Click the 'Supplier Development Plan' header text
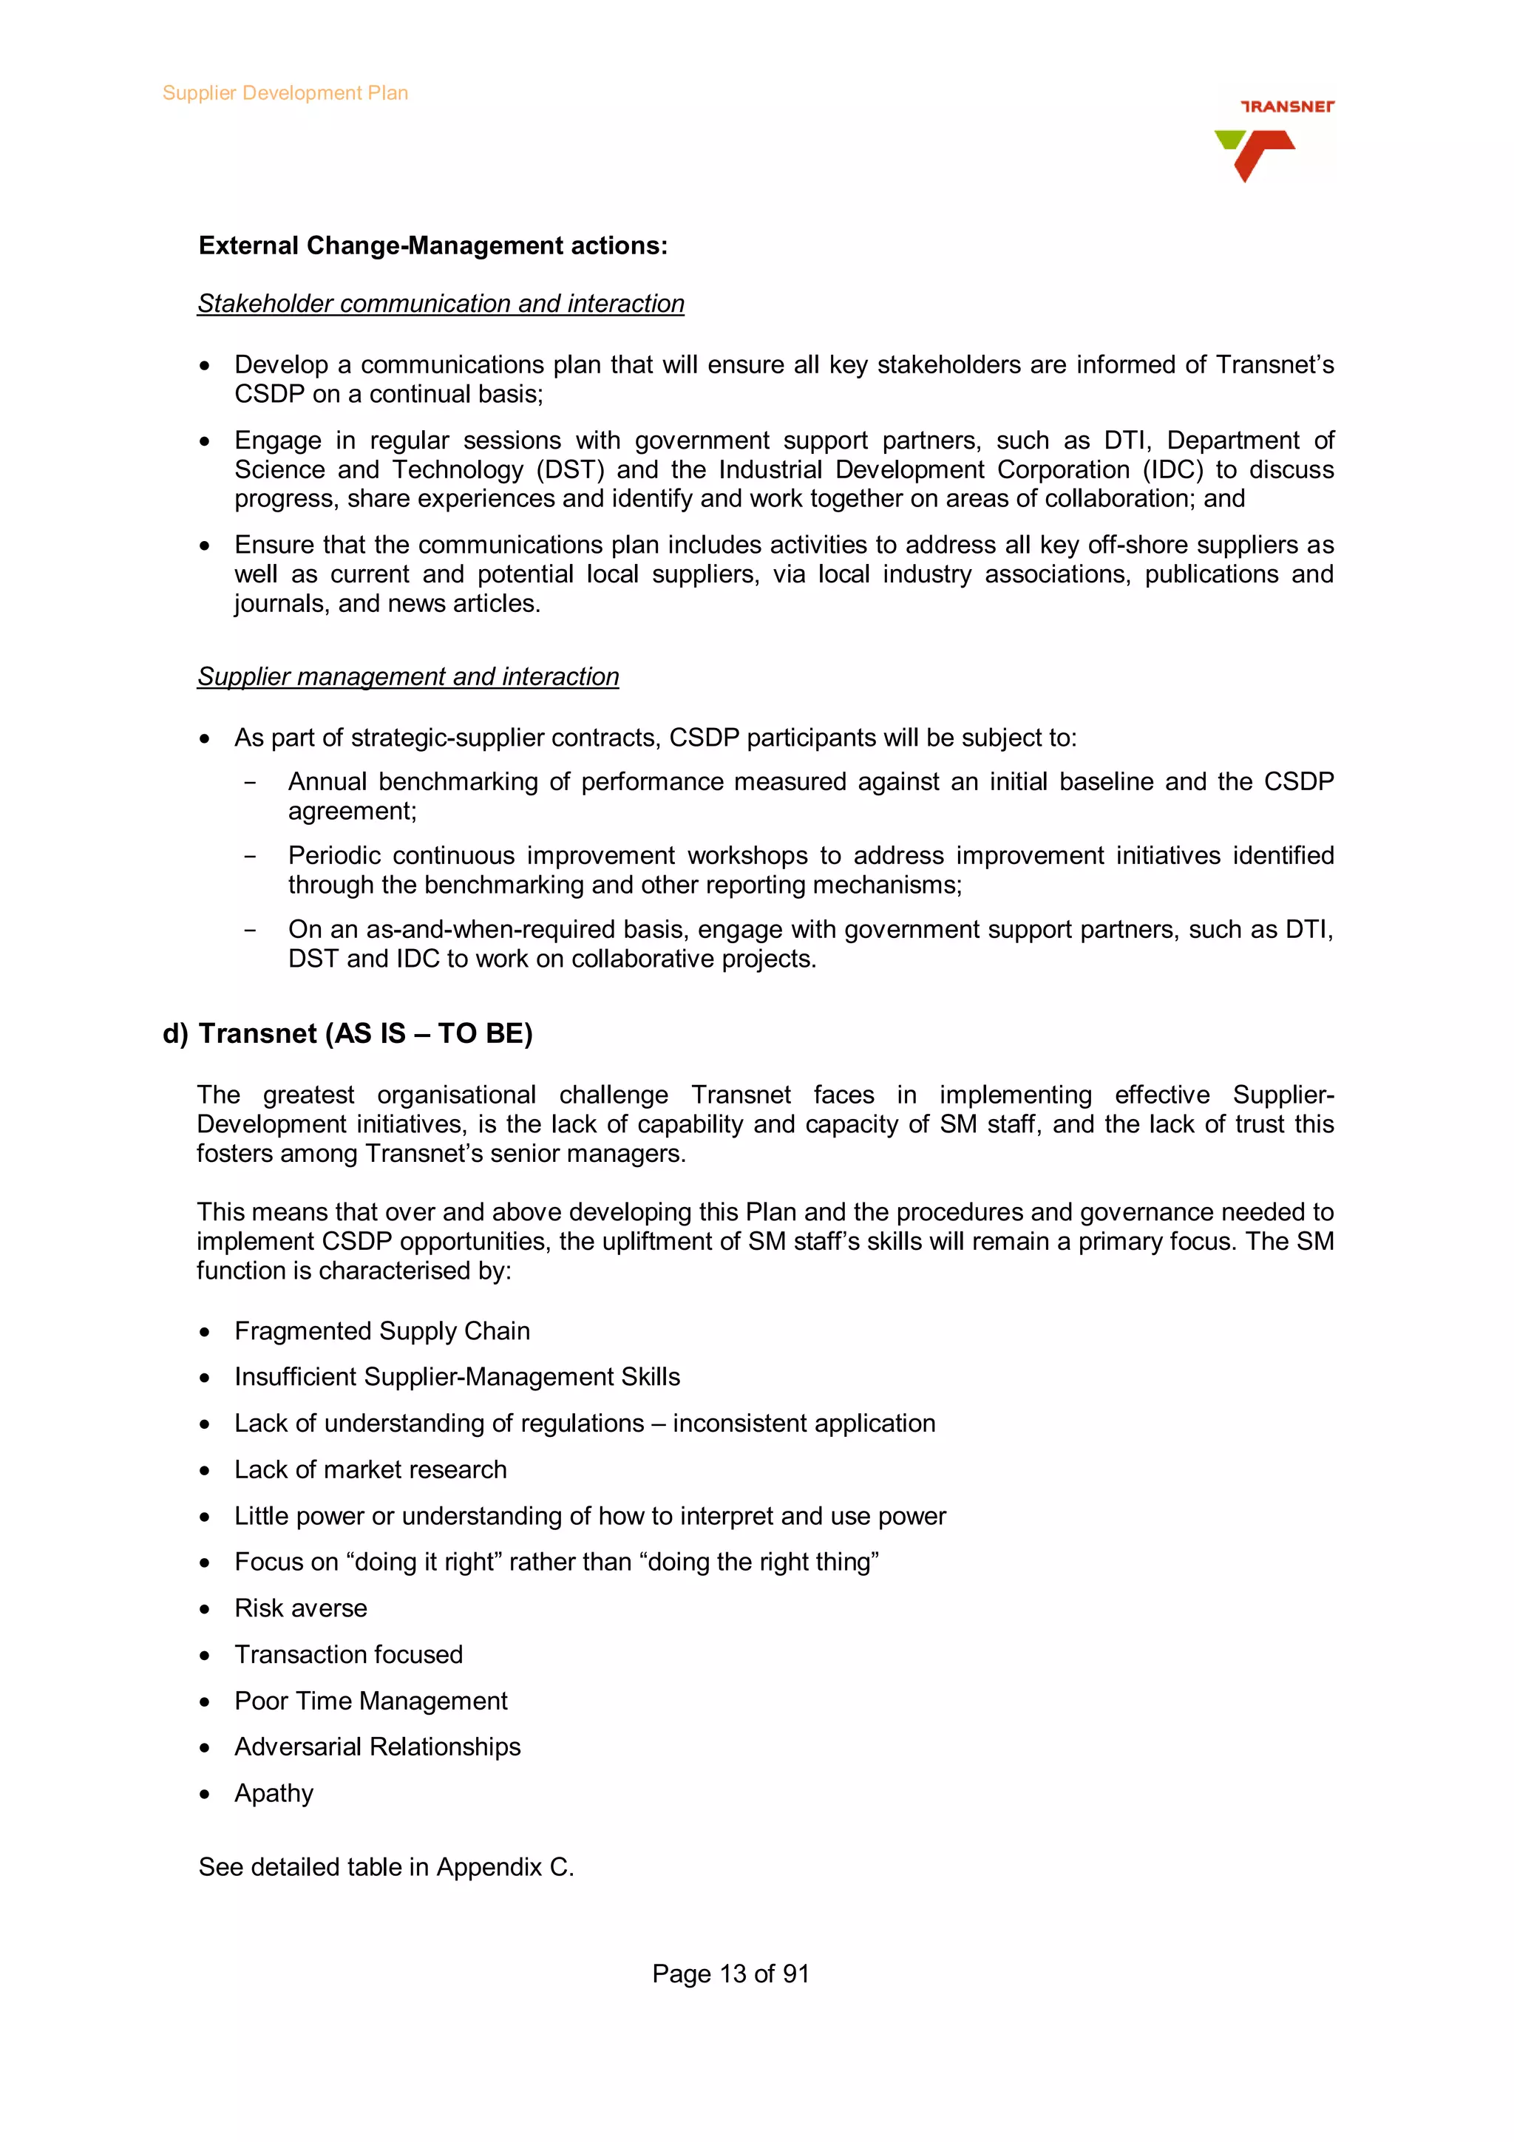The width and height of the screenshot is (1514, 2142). point(285,93)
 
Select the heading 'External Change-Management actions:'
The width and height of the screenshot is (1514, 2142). point(433,245)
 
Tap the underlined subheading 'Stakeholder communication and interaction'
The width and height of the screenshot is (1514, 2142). point(441,304)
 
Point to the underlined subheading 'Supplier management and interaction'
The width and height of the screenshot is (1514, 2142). point(407,676)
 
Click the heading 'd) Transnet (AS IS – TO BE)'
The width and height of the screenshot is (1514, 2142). point(347,1034)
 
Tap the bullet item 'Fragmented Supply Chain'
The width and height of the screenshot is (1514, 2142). point(381,1331)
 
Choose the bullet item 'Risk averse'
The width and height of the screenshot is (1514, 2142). point(300,1608)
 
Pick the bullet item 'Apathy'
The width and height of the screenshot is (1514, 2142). point(274,1793)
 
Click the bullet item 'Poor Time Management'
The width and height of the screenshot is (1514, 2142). point(370,1701)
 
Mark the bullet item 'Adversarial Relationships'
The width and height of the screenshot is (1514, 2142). point(377,1747)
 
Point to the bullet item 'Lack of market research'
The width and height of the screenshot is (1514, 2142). point(370,1469)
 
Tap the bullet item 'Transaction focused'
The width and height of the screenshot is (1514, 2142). point(348,1654)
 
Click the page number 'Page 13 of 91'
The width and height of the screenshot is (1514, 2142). point(730,1974)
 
